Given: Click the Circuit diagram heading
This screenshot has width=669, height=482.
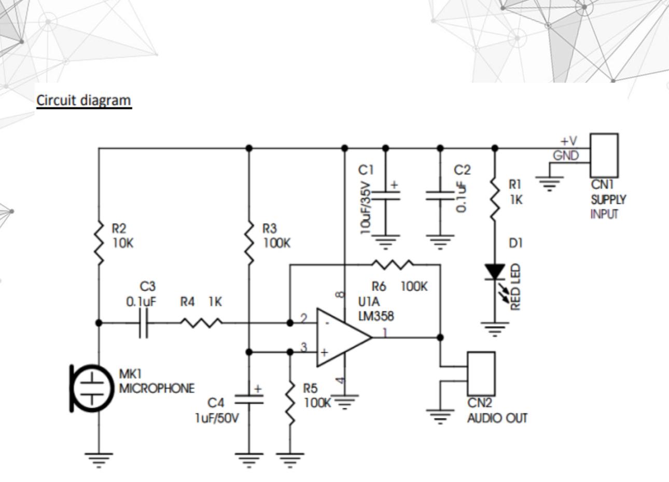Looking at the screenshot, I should (x=83, y=100).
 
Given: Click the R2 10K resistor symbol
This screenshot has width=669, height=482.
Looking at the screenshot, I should (x=99, y=242).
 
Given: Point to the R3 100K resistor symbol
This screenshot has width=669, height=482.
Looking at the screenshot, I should (x=249, y=242).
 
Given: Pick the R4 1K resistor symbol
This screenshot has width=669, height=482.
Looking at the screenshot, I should (x=201, y=323).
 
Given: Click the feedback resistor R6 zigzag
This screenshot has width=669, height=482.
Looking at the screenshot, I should (x=393, y=265).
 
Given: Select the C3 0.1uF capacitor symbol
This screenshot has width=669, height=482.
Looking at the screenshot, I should (x=144, y=323).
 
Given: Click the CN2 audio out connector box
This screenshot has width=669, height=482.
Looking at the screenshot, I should (x=481, y=374).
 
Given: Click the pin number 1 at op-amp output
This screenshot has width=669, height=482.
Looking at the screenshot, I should (x=385, y=332).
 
